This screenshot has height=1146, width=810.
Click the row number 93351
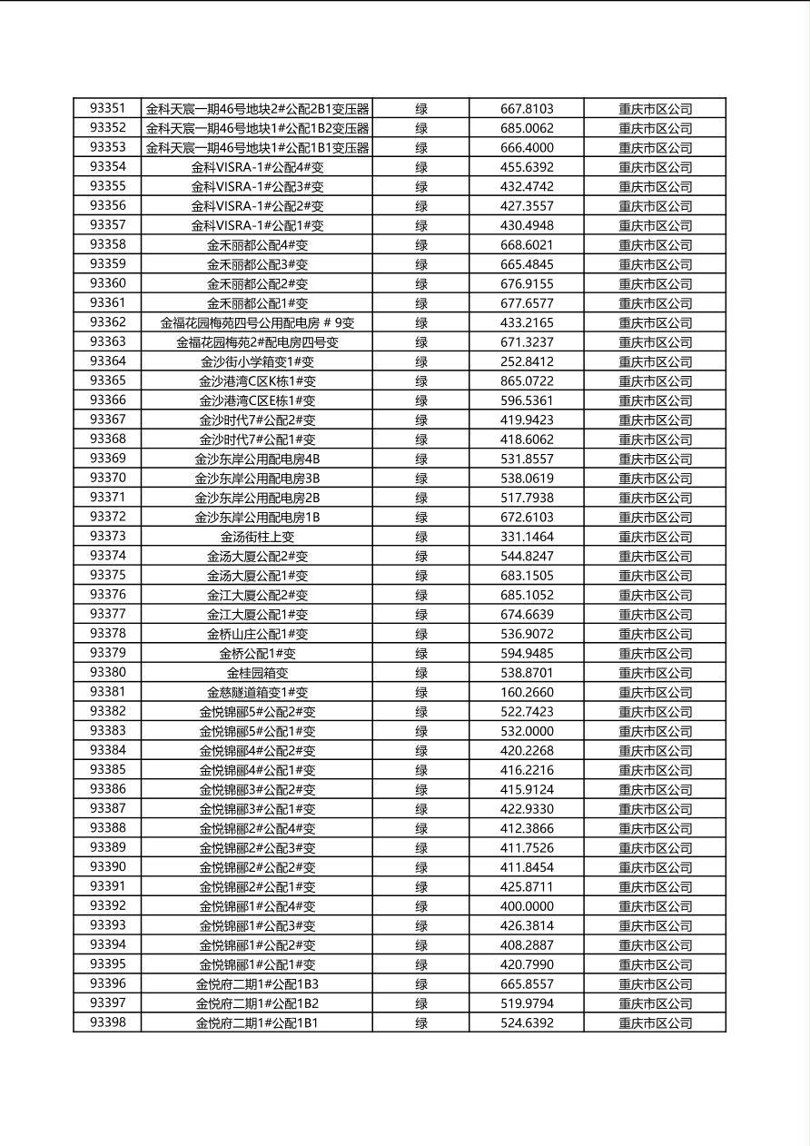pos(107,109)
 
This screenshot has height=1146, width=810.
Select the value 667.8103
pos(527,109)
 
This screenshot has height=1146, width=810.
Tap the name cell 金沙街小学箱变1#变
pos(257,361)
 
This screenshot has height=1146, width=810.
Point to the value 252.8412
pos(527,361)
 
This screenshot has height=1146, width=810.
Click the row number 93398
pos(107,1023)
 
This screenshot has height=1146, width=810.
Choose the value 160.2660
pos(527,692)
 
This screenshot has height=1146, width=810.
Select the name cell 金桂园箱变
pos(257,673)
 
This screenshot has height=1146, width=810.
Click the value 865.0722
pos(527,381)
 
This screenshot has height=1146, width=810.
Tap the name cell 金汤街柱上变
pos(257,537)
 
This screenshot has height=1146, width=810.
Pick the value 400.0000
pos(527,906)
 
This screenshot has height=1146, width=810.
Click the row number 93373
pos(107,536)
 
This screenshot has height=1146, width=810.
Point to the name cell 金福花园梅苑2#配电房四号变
pos(257,342)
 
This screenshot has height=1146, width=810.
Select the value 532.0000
pos(527,731)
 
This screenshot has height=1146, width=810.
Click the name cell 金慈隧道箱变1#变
pos(257,692)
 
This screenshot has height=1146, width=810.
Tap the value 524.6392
pos(527,1023)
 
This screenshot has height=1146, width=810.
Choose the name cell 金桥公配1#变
pos(257,653)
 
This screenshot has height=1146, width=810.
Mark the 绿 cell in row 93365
pos(421,381)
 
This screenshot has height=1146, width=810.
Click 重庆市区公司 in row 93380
pos(655,673)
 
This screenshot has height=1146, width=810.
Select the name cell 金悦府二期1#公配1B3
pos(257,983)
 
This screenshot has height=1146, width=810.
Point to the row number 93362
pos(107,322)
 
